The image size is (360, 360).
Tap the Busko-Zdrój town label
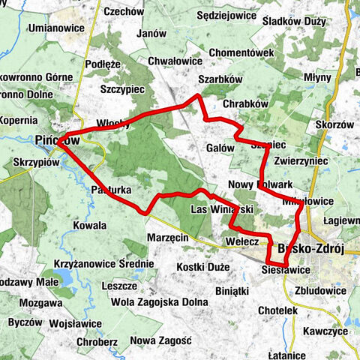click(310, 250)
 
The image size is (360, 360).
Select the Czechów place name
click(124, 11)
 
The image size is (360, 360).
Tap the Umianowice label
click(57, 28)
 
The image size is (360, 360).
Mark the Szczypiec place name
click(122, 89)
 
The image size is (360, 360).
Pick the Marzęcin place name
click(167, 237)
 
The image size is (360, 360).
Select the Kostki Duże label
click(202, 267)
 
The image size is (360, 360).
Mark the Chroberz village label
click(100, 341)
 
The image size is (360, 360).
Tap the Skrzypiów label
click(36, 162)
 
